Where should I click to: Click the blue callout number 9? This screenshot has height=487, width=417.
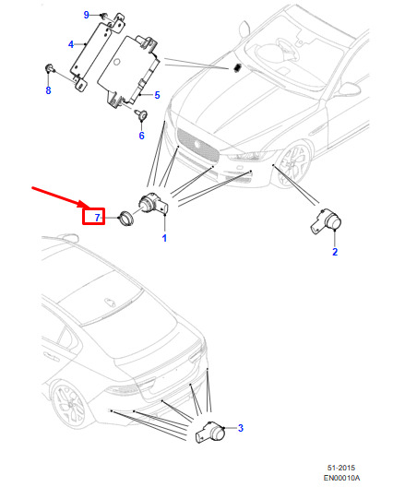(87, 15)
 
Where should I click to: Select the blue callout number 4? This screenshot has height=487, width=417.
(71, 44)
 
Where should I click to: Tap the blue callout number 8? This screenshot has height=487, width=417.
(48, 90)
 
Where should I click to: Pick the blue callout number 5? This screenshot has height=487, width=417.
(157, 95)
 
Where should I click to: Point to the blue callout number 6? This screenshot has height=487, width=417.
(142, 136)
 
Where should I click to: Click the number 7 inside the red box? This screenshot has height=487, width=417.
(98, 218)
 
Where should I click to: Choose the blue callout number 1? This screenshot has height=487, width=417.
(164, 238)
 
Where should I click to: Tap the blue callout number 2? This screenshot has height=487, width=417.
(335, 252)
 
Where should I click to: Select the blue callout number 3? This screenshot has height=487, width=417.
(241, 428)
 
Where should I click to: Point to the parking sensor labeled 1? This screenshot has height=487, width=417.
(153, 204)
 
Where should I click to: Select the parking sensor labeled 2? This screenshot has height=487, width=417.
(327, 220)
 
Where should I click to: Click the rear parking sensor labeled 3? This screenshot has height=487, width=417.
(210, 432)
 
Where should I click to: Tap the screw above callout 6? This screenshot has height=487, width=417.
(141, 114)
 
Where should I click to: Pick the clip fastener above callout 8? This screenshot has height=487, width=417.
(49, 68)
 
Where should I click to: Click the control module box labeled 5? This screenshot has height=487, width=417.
(128, 71)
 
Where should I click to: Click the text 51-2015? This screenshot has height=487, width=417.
(341, 468)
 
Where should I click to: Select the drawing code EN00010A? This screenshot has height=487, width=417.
(341, 478)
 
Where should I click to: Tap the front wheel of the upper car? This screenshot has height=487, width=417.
(294, 164)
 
